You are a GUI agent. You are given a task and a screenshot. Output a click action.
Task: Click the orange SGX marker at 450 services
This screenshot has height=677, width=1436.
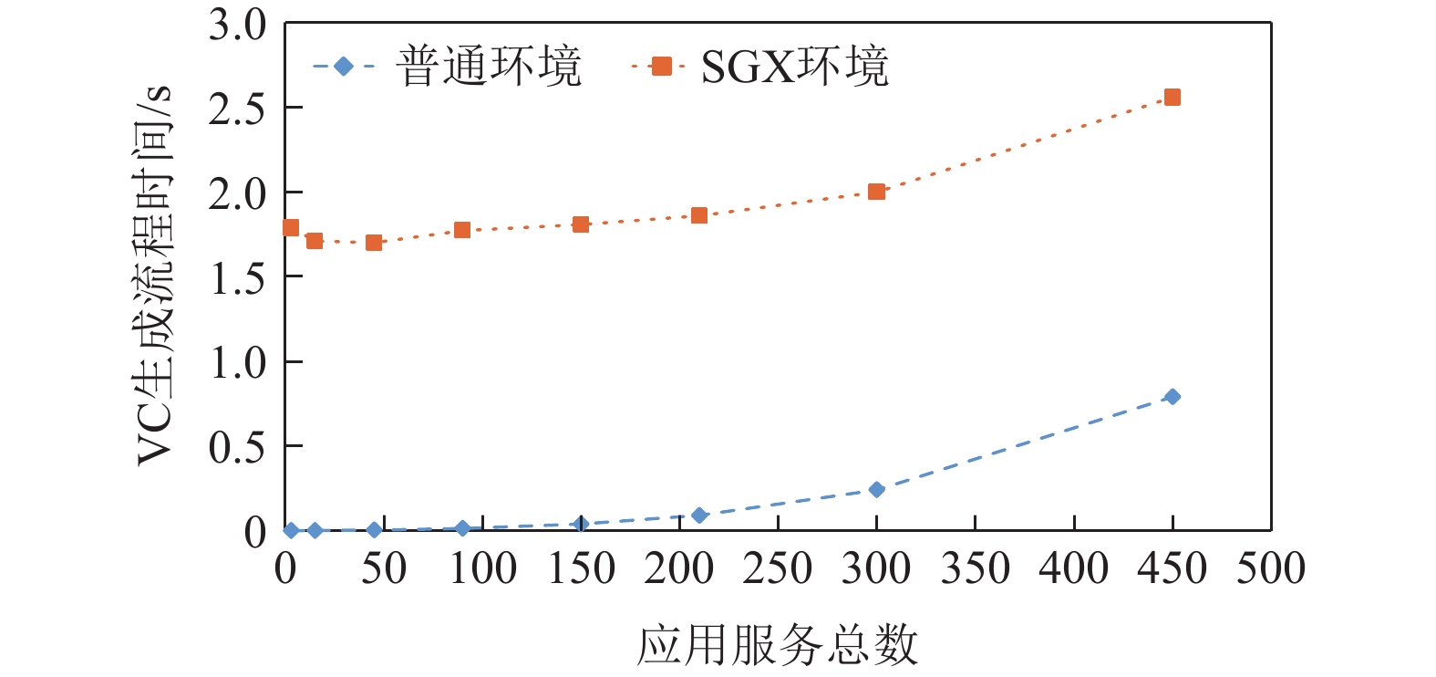tap(1173, 98)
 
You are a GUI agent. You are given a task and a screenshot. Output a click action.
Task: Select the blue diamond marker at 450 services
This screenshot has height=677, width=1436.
tap(1173, 397)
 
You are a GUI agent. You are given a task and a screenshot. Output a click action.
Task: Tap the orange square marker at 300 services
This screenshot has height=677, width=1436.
tap(877, 192)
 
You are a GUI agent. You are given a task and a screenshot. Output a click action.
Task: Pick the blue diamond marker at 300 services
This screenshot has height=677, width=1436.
tap(877, 490)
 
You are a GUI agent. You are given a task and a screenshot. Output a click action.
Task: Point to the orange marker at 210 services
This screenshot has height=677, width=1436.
tap(699, 215)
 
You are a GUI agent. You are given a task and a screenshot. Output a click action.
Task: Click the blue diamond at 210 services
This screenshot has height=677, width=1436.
tap(699, 516)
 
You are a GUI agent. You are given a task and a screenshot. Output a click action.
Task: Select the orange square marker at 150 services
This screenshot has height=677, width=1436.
tap(581, 224)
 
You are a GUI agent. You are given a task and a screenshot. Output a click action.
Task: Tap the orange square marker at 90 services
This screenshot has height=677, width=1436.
tap(462, 230)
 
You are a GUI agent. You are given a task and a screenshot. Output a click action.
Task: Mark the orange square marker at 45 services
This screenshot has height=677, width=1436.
tap(374, 243)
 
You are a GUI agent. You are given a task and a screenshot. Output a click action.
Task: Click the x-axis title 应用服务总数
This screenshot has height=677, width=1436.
tap(777, 645)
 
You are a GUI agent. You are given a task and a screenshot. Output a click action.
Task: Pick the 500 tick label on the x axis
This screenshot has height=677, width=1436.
tap(1270, 569)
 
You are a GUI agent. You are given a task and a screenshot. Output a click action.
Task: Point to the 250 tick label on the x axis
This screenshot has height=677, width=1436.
tap(777, 569)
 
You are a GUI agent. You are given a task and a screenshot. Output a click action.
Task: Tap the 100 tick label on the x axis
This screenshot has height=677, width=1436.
tap(482, 569)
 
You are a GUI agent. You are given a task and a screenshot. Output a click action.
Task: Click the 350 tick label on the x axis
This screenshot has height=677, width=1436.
tap(975, 569)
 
